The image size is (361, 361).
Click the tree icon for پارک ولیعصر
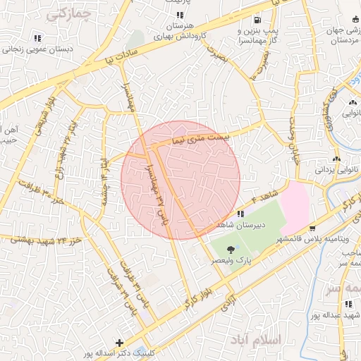pos(230,248)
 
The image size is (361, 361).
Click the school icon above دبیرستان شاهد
pos(240,214)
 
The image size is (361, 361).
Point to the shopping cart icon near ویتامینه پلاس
pos(312,228)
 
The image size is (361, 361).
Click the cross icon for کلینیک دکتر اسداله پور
pos(119,343)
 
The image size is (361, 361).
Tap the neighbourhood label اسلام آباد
pos(255,340)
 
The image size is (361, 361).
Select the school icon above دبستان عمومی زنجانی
pos(37,37)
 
